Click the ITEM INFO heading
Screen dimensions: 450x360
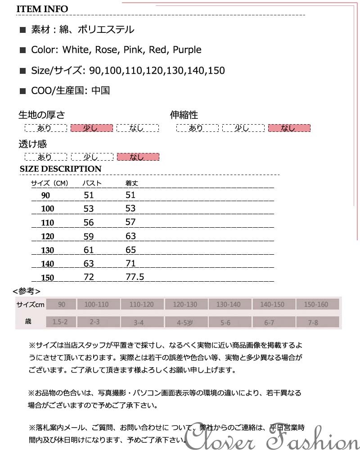[x=42, y=9]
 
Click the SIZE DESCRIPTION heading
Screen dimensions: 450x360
[x=61, y=169]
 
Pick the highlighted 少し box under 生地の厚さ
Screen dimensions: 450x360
[x=91, y=128]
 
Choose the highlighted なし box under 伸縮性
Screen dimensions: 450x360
[x=289, y=128]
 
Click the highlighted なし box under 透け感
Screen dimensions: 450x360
[x=138, y=157]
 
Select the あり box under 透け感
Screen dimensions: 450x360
[x=45, y=157]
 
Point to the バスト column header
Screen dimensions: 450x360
[x=92, y=183]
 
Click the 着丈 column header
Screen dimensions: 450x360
[x=131, y=183]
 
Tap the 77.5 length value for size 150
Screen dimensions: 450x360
[x=135, y=277]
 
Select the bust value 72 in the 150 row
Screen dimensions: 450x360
[x=89, y=277]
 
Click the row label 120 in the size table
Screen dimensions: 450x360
[x=47, y=236]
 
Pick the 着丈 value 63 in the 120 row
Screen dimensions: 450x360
[x=130, y=236]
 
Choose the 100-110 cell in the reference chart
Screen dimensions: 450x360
[x=96, y=305]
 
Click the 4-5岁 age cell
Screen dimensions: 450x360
[x=185, y=322]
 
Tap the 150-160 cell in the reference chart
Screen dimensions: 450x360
[x=316, y=305]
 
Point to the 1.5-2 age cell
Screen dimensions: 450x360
[x=60, y=322]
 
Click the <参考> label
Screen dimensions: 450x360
[x=27, y=291]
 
